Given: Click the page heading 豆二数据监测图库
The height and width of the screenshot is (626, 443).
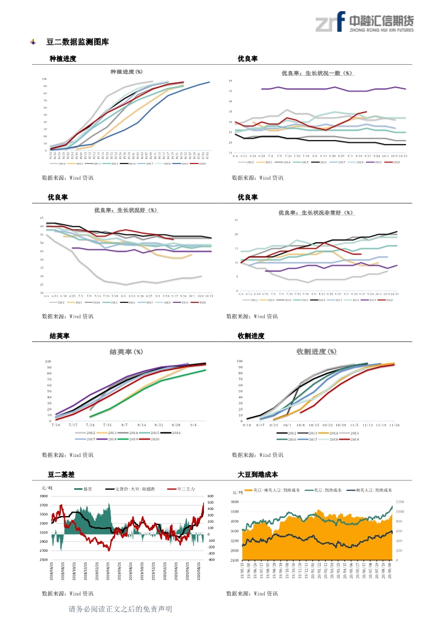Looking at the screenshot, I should click(77, 42).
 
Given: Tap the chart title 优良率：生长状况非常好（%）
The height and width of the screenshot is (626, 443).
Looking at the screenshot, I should click(317, 213).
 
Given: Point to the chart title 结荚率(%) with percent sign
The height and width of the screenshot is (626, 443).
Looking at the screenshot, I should click(126, 352).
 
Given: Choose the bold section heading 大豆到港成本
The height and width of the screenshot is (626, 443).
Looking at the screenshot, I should click(258, 475).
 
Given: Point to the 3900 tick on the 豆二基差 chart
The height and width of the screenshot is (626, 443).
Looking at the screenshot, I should click(44, 497).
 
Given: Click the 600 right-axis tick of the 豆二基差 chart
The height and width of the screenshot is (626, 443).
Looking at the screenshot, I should click(211, 497).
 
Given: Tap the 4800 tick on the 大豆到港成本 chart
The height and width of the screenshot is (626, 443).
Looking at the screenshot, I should click(235, 502).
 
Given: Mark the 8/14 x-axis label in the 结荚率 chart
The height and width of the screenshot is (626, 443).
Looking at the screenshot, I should click(141, 425).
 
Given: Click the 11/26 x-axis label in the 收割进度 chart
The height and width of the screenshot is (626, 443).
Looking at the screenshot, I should click(394, 425).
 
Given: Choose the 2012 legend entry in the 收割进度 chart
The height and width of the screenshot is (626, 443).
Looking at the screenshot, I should click(288, 433).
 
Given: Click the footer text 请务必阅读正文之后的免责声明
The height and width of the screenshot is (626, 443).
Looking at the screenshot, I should click(120, 609).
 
